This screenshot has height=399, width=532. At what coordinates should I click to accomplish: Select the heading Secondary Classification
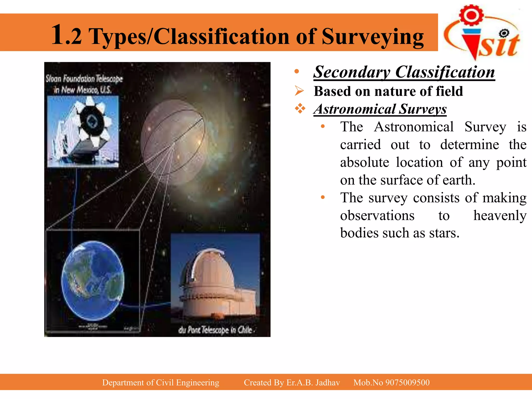tap(404, 72)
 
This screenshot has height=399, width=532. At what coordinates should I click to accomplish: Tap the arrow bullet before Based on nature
tap(299, 91)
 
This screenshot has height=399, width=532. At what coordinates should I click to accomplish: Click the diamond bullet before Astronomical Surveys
tap(300, 108)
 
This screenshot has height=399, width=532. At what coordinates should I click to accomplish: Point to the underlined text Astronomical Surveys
tap(380, 109)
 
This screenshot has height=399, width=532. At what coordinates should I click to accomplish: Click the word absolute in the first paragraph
tap(364, 162)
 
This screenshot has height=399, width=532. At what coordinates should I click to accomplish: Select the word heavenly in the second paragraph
tap(500, 215)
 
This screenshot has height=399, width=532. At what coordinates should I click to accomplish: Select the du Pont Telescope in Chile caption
tap(216, 330)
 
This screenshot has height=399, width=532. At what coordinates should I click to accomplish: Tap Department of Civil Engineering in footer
tap(161, 382)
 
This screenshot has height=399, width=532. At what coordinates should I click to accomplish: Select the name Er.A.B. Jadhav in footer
tap(313, 382)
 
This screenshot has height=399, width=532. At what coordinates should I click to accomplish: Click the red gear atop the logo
tap(471, 15)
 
